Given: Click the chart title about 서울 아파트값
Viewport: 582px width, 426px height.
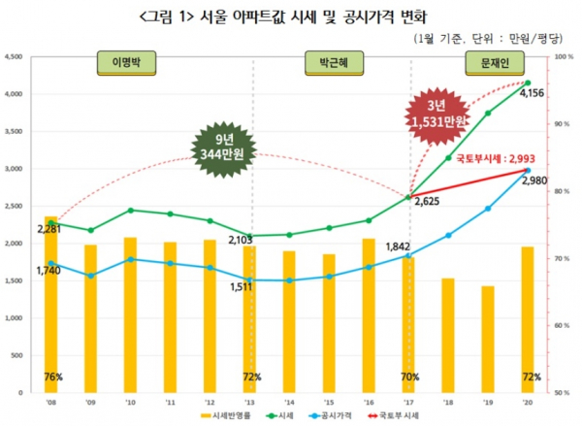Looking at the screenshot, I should coord(292,16).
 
